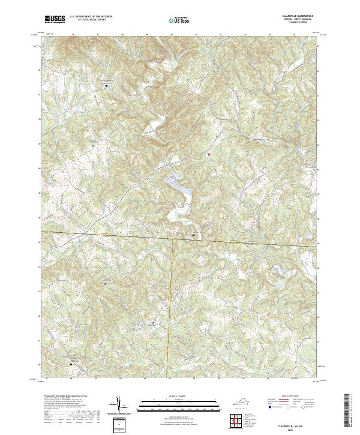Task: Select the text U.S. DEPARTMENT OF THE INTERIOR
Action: click(x=91, y=16)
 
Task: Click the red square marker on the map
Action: click(x=209, y=155)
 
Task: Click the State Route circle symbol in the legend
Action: click(x=303, y=407)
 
